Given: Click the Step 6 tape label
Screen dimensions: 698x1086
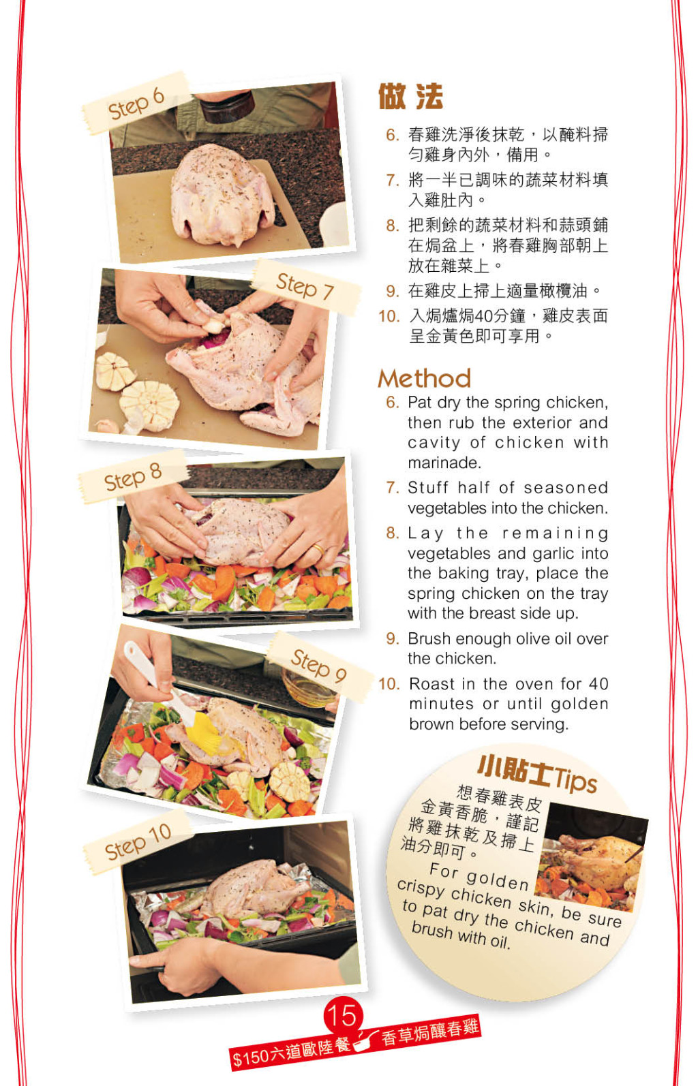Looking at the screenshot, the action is pyautogui.click(x=136, y=103).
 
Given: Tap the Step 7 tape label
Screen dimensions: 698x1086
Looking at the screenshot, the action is pyautogui.click(x=305, y=286).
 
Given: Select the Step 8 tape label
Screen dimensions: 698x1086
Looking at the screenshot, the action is pyautogui.click(x=133, y=476).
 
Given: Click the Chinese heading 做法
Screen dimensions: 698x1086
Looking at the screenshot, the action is pyautogui.click(x=410, y=97).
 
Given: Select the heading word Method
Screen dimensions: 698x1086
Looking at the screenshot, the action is pyautogui.click(x=425, y=379).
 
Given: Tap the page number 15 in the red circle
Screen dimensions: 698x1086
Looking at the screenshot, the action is pyautogui.click(x=343, y=1014).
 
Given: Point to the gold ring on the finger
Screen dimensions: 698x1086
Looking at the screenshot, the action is pyautogui.click(x=318, y=549).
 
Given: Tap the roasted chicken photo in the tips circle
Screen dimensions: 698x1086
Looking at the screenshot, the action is pyautogui.click(x=591, y=856).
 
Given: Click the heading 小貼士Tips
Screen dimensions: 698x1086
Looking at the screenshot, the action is pyautogui.click(x=537, y=774).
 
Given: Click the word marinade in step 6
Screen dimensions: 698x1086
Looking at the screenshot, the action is pyautogui.click(x=444, y=463).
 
